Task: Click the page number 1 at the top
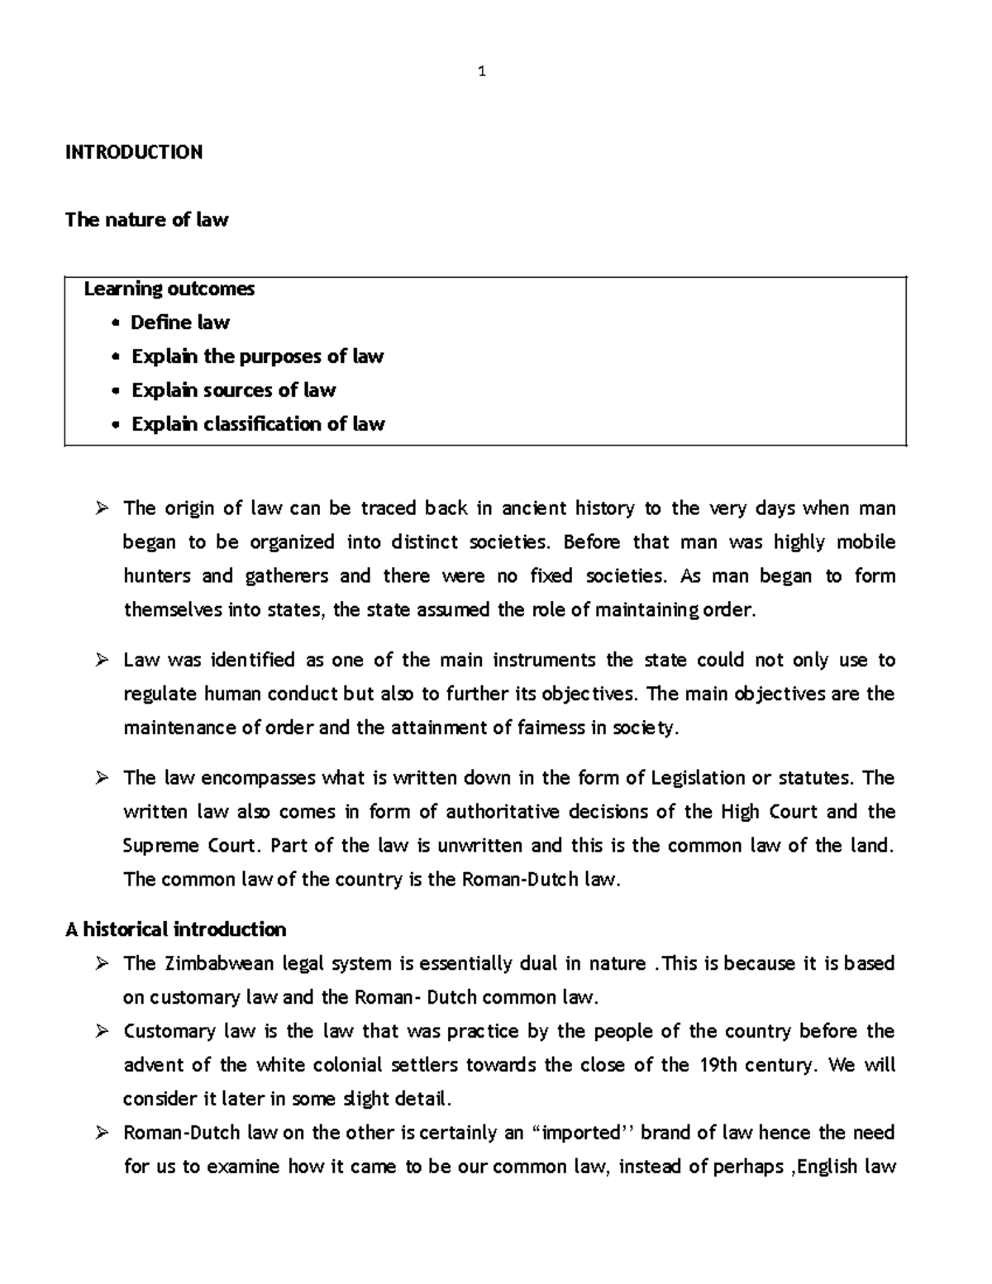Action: point(481,72)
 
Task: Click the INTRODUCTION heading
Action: point(134,152)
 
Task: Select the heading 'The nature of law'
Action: point(146,220)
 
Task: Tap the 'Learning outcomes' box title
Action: point(169,289)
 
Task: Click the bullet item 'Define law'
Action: point(179,322)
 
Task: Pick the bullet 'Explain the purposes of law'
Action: point(257,356)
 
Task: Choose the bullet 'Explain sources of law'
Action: point(233,390)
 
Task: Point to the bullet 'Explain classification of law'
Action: point(258,424)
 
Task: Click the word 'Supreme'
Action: point(161,846)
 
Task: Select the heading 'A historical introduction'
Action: point(175,930)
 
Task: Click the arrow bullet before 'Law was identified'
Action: point(102,661)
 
